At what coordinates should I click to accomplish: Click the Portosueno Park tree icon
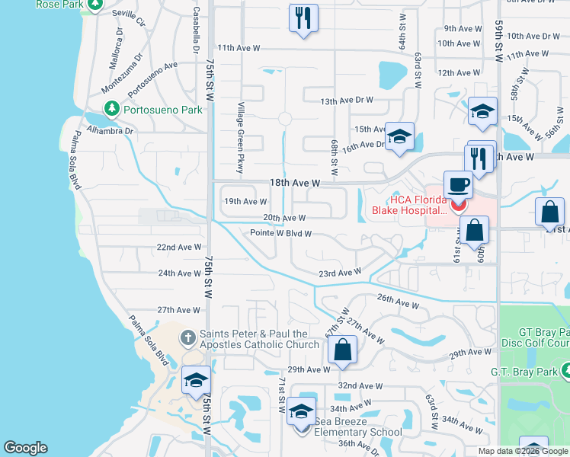tap(112, 109)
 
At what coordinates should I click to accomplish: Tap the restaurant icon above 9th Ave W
tap(303, 18)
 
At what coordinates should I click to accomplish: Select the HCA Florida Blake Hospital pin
tap(458, 205)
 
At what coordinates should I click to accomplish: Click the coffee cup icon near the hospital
tap(458, 185)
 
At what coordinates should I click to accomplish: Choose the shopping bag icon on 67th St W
tap(343, 350)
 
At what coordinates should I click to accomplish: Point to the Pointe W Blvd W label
tap(281, 234)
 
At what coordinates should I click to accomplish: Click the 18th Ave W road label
tap(293, 184)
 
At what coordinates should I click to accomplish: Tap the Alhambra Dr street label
tap(110, 131)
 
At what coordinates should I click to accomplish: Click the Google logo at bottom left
tap(25, 448)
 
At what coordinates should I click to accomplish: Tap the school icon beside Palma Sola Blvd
tap(196, 380)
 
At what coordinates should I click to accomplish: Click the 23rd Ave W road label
tap(339, 272)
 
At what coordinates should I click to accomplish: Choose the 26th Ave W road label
tap(398, 302)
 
